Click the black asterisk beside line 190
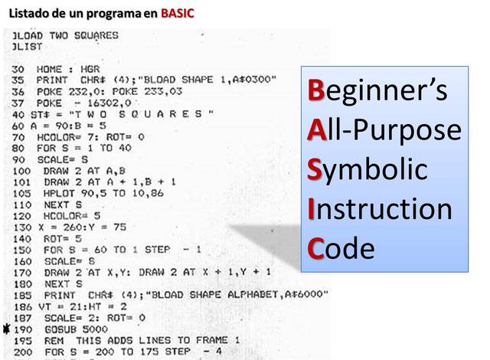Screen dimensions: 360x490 click(7, 329)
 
